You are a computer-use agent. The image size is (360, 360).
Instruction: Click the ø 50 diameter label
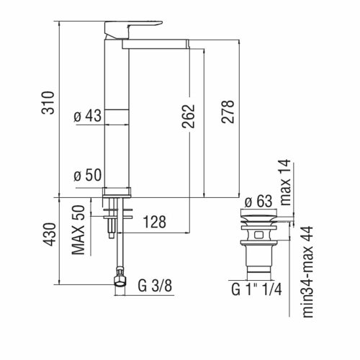89,175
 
